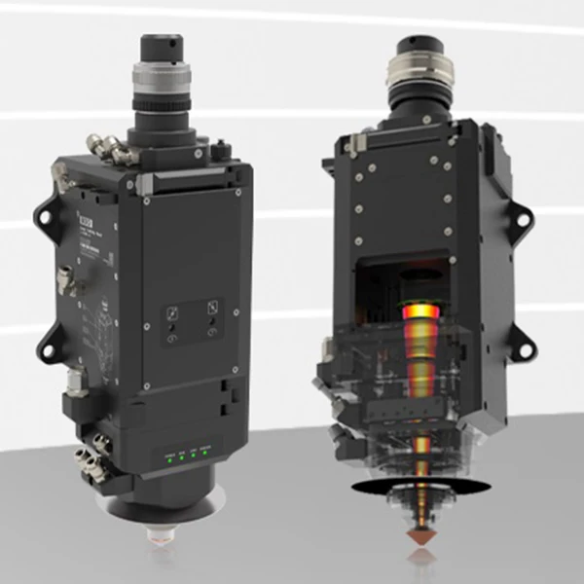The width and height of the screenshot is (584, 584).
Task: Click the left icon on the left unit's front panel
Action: (172, 313)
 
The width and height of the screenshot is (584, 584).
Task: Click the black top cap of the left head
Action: (162, 45)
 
